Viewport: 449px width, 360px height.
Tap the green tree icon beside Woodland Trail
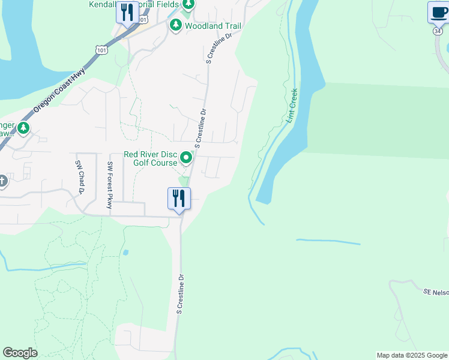176,25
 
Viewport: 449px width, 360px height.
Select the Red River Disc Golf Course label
150,158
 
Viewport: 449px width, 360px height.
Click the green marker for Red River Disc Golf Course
186,158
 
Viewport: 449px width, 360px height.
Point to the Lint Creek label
292,106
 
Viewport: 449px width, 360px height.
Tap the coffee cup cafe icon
438,11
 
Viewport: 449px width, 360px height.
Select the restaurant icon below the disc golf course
179,198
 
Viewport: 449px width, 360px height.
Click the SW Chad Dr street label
79,178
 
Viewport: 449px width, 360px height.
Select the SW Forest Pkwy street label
110,185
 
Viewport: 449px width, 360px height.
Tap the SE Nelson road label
436,292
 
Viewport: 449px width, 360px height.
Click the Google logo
20,353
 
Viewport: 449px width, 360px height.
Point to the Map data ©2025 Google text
412,355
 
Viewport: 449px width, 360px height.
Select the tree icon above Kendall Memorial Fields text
188,5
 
